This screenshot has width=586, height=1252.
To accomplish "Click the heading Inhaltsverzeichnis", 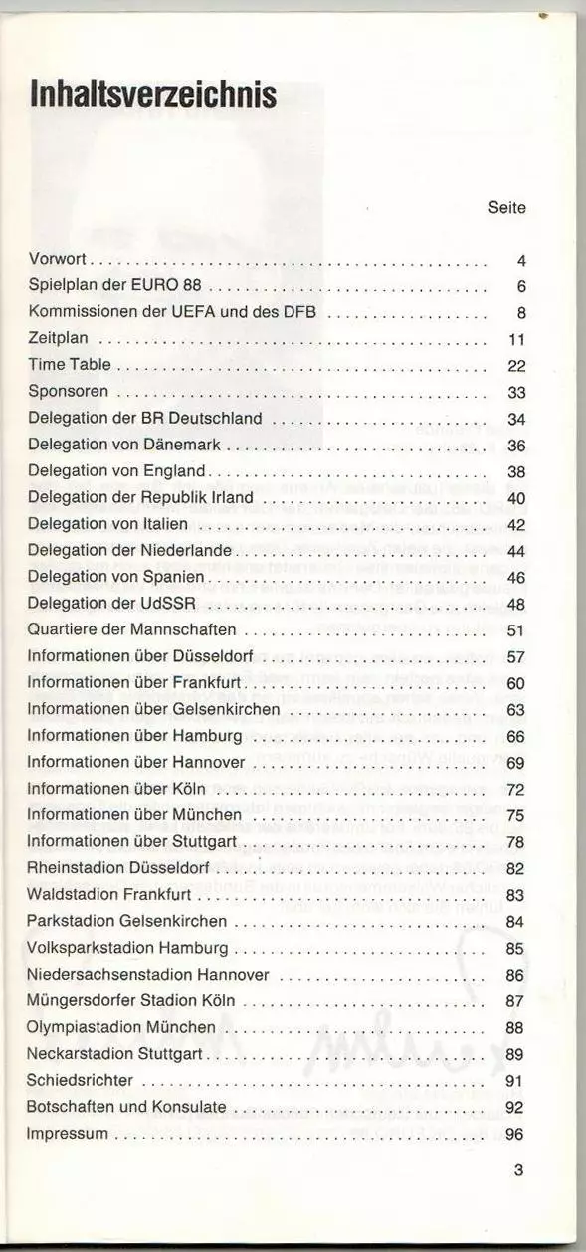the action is tap(152, 95).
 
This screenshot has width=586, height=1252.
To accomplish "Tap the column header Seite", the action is tap(506, 208).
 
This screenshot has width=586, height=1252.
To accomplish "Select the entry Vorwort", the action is tap(59, 261).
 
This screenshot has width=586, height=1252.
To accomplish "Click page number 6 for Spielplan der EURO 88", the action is tap(520, 287).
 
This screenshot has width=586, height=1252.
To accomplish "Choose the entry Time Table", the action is tap(70, 365).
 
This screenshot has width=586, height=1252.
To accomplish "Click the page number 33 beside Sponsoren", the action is tap(515, 392).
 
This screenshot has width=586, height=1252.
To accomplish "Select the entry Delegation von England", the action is tap(116, 470).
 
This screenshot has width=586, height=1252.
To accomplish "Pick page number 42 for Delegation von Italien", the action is tap(515, 524).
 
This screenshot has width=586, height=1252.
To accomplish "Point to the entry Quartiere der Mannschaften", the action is tap(131, 629).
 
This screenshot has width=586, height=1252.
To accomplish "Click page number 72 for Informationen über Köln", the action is tap(515, 789).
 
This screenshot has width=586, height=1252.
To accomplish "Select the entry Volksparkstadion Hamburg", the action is tap(128, 947).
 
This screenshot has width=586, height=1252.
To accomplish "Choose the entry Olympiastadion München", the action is tap(121, 1026).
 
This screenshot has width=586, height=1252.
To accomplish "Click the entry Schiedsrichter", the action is tap(80, 1079).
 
